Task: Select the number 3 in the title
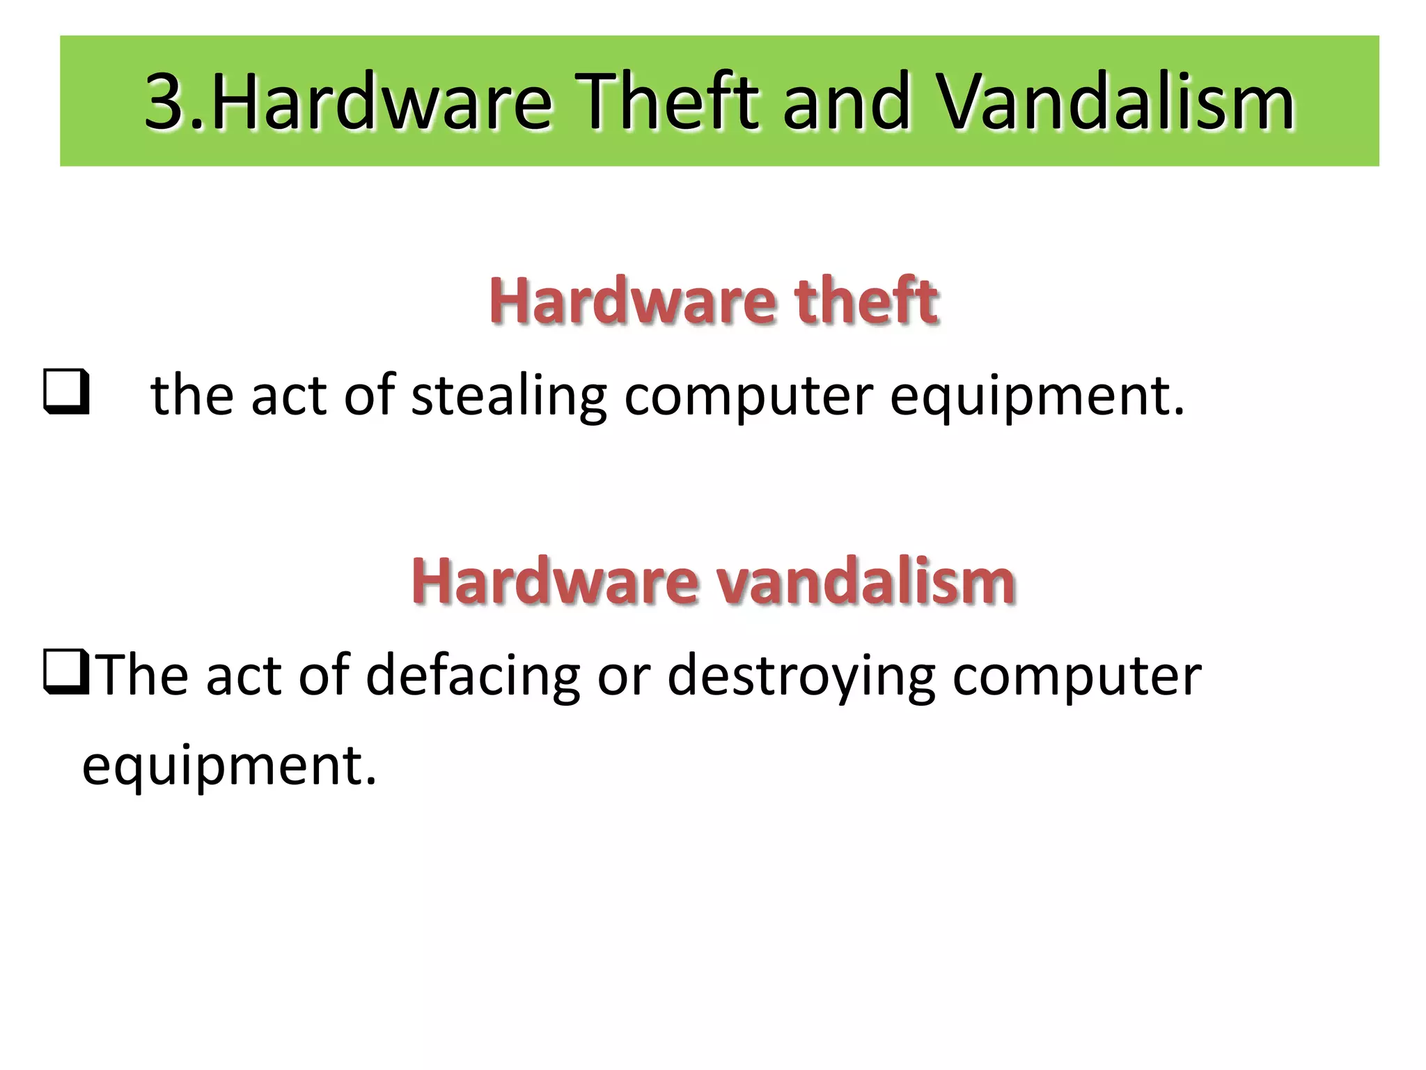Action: (x=166, y=102)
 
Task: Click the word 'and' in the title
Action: (x=847, y=102)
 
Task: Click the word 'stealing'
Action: (x=509, y=396)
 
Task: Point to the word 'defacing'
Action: (x=473, y=674)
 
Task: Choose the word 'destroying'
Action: (x=801, y=674)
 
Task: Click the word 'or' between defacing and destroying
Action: (x=623, y=674)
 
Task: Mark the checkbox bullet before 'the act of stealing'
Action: (x=66, y=392)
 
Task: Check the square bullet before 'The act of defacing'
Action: (x=66, y=672)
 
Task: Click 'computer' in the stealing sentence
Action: (x=748, y=396)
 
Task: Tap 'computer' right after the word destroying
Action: (x=1076, y=674)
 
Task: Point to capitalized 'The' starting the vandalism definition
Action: (x=142, y=674)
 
